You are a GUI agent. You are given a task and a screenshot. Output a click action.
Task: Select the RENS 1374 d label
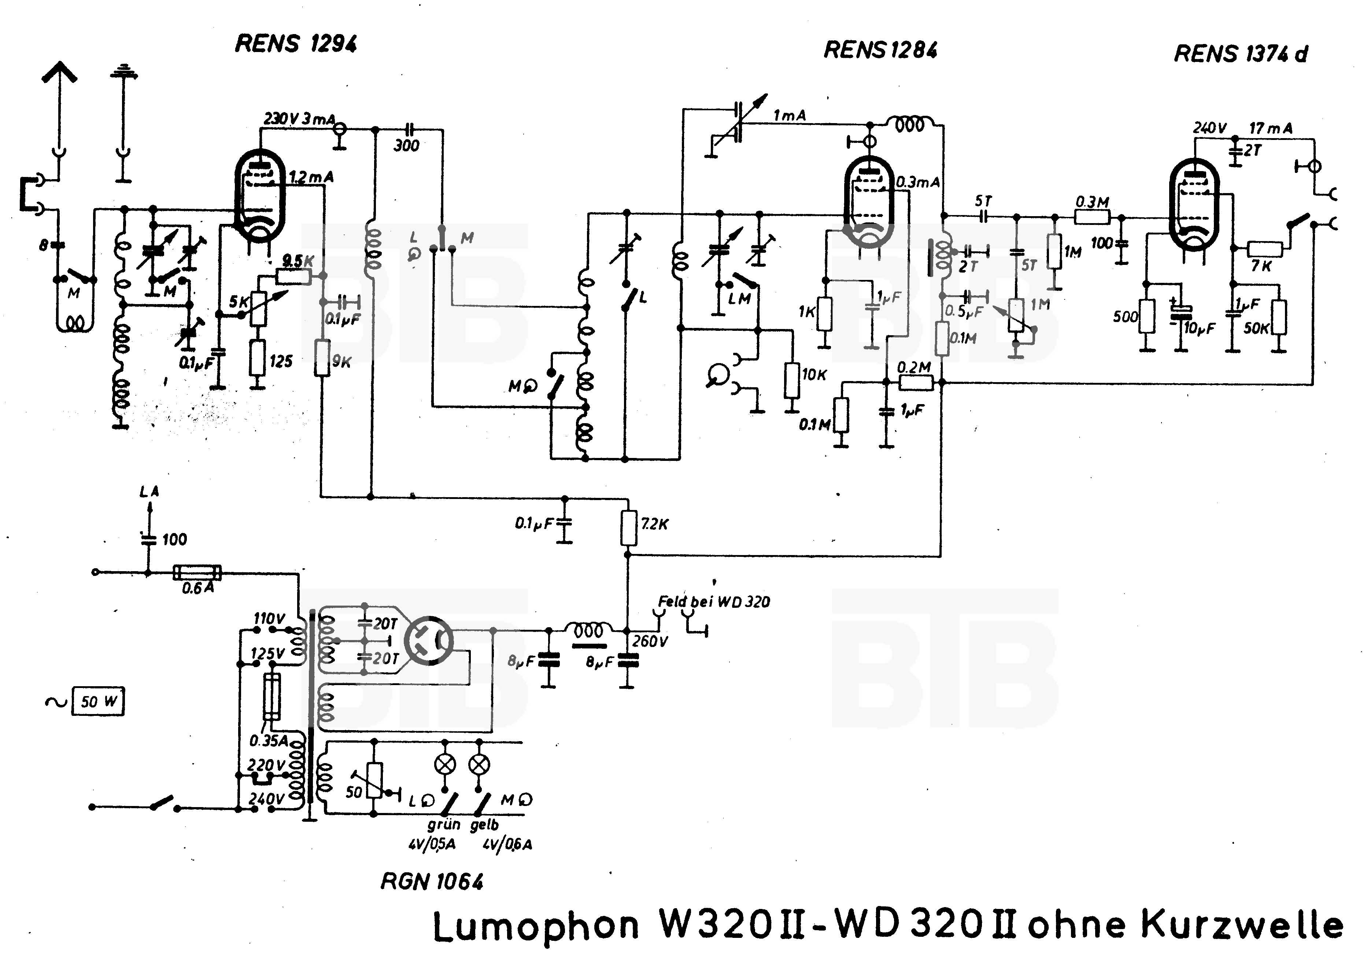coord(1241,54)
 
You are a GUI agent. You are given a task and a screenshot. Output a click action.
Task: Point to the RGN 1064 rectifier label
coord(432,881)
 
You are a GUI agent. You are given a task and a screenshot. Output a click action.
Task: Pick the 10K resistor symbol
coord(791,380)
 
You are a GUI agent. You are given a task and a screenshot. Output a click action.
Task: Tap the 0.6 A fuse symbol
coord(196,573)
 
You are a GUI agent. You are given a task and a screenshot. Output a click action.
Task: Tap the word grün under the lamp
coord(443,825)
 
